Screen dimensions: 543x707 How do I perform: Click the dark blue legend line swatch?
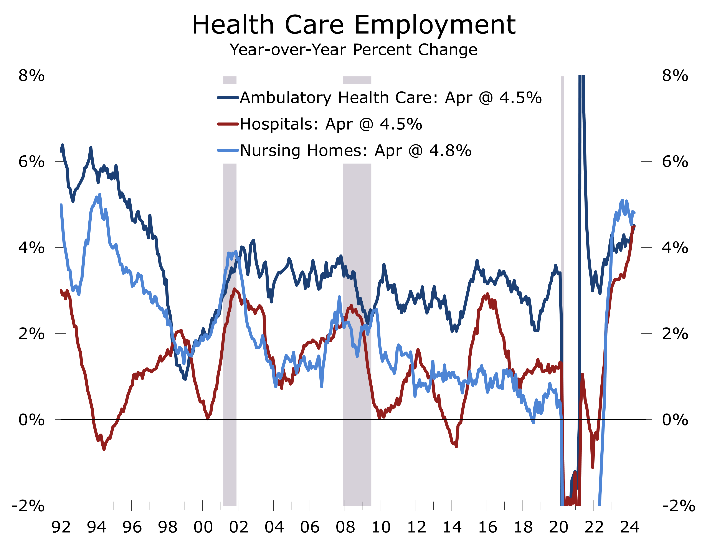click(228, 98)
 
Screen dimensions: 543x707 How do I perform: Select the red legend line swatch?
click(228, 124)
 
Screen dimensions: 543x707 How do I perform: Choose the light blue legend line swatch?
click(228, 151)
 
